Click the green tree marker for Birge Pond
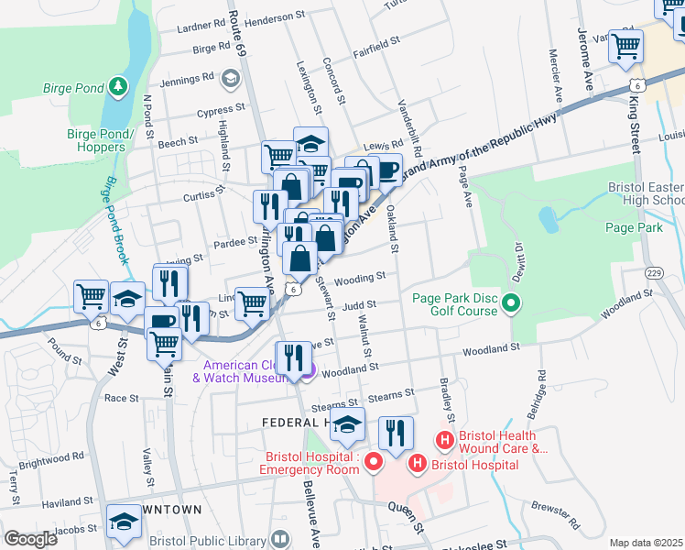click(117, 88)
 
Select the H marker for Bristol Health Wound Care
click(445, 441)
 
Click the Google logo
click(30, 538)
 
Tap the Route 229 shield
click(654, 273)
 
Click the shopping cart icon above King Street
click(626, 46)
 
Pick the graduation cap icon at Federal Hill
click(348, 424)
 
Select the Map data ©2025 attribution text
click(646, 543)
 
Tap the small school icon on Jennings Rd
click(233, 79)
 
